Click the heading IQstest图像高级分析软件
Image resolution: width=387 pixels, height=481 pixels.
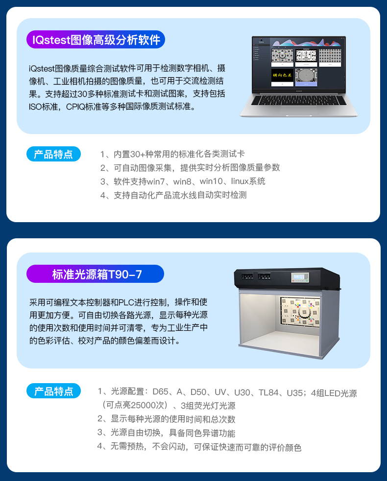pyautogui.click(x=96, y=40)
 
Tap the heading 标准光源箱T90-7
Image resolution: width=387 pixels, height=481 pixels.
pyautogui.click(x=97, y=274)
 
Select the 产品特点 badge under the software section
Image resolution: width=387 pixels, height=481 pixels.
pyautogui.click(x=53, y=154)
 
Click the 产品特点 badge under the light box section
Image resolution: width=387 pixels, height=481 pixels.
pyautogui.click(x=53, y=391)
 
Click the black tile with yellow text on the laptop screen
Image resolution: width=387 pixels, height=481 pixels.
pyautogui.click(x=282, y=75)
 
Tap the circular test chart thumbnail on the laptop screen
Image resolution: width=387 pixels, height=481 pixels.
pyautogui.click(x=306, y=75)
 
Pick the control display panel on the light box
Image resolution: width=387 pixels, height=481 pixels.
pyautogui.click(x=300, y=277)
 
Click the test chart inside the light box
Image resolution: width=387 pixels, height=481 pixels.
pyautogui.click(x=300, y=311)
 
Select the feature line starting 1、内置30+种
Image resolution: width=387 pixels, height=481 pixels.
pyautogui.click(x=172, y=154)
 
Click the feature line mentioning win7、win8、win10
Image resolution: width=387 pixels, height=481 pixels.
pyautogui.click(x=183, y=182)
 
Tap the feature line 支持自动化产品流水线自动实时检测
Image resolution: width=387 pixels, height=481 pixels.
pyautogui.click(x=173, y=195)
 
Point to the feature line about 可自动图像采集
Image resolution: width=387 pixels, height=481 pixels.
pyautogui.click(x=190, y=167)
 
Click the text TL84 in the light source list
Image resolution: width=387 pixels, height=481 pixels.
pyautogui.click(x=268, y=392)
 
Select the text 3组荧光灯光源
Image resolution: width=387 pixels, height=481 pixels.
pyautogui.click(x=208, y=406)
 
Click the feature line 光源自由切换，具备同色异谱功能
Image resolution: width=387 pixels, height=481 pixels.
pyautogui.click(x=166, y=433)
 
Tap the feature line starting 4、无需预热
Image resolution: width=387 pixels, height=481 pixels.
pyautogui.click(x=199, y=447)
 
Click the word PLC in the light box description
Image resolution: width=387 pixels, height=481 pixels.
pyautogui.click(x=126, y=302)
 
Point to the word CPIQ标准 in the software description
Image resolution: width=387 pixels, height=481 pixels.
pyautogui.click(x=84, y=107)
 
